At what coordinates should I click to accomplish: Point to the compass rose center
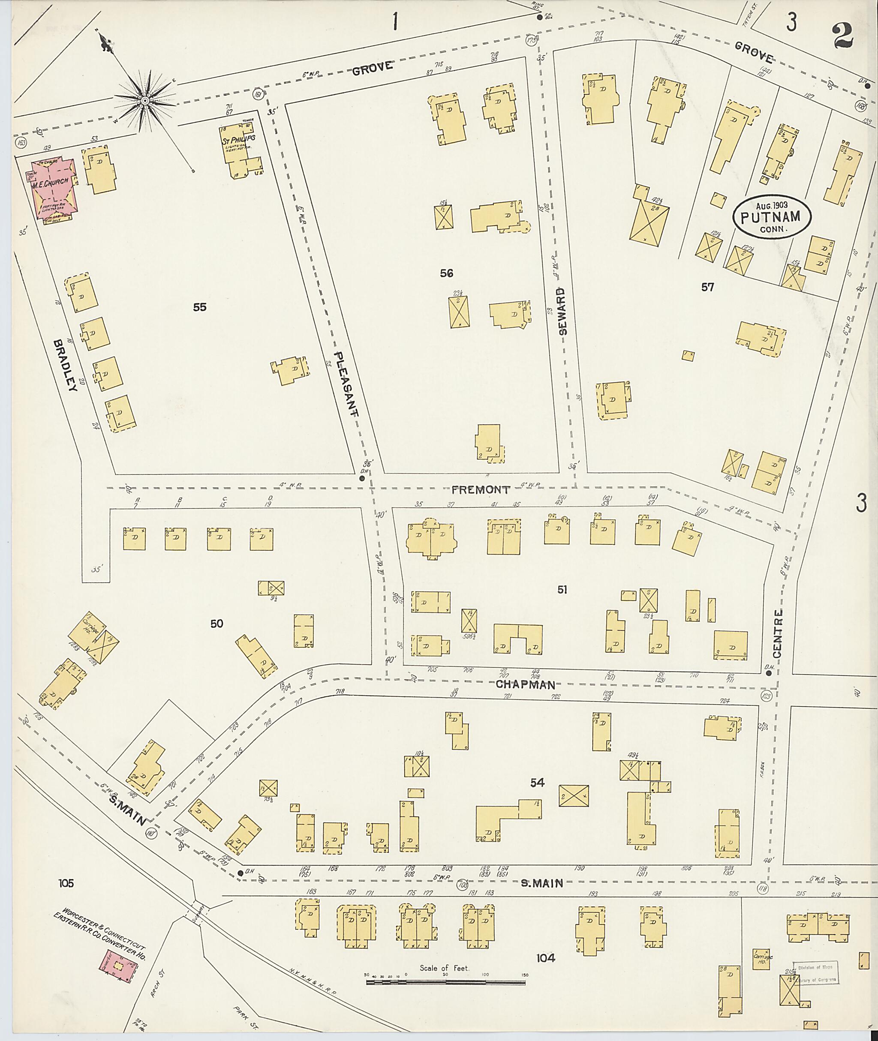click(x=144, y=101)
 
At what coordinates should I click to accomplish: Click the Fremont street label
click(x=481, y=490)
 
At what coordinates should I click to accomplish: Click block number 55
click(x=200, y=308)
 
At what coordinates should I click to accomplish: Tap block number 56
click(x=446, y=273)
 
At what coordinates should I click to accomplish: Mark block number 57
click(x=707, y=287)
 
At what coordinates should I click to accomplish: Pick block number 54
click(x=537, y=783)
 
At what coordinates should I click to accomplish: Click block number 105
click(x=65, y=883)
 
